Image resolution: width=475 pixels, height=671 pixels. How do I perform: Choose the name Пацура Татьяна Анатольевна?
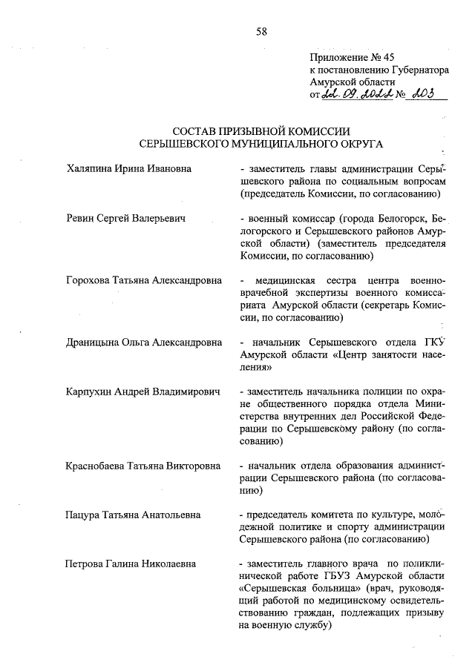pyautogui.click(x=134, y=515)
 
